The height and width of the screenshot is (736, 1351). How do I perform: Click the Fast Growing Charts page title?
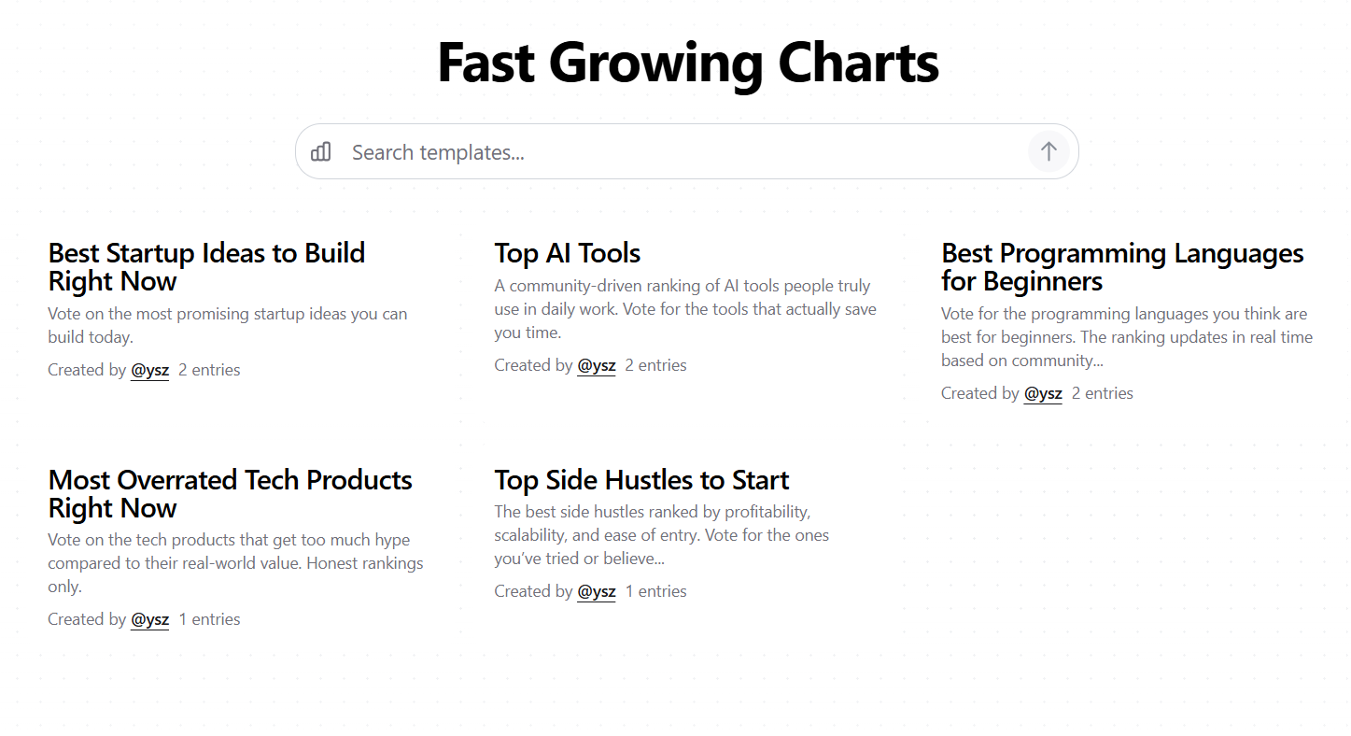pyautogui.click(x=687, y=64)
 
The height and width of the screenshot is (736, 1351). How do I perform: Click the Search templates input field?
pyautogui.click(x=682, y=152)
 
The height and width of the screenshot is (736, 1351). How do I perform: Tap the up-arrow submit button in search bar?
pyautogui.click(x=1048, y=151)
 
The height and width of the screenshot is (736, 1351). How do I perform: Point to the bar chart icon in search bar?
pyautogui.click(x=321, y=151)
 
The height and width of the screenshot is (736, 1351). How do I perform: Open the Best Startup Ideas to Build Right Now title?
pyautogui.click(x=206, y=267)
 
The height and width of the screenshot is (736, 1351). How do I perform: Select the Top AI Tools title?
pyautogui.click(x=567, y=253)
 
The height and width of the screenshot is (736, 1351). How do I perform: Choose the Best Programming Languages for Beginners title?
pyautogui.click(x=1121, y=267)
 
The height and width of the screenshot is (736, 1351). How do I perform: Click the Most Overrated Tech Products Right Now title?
pyautogui.click(x=230, y=494)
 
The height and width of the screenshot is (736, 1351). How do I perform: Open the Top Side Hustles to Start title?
pyautogui.click(x=641, y=480)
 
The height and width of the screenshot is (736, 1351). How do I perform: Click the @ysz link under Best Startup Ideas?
pyautogui.click(x=149, y=370)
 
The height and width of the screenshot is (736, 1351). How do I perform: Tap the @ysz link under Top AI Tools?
pyautogui.click(x=597, y=365)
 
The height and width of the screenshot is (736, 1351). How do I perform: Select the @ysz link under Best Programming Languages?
pyautogui.click(x=1043, y=393)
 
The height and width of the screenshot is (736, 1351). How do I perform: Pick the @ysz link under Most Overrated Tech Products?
pyautogui.click(x=149, y=619)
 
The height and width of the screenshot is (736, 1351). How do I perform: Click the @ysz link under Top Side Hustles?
pyautogui.click(x=597, y=591)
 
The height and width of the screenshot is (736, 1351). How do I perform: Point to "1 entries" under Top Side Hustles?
pyautogui.click(x=655, y=591)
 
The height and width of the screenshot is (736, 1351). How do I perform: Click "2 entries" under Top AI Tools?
pyautogui.click(x=655, y=365)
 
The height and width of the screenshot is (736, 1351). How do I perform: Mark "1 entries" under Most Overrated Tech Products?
pyautogui.click(x=209, y=619)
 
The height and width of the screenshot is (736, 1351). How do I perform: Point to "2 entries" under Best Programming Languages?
pyautogui.click(x=1102, y=393)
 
